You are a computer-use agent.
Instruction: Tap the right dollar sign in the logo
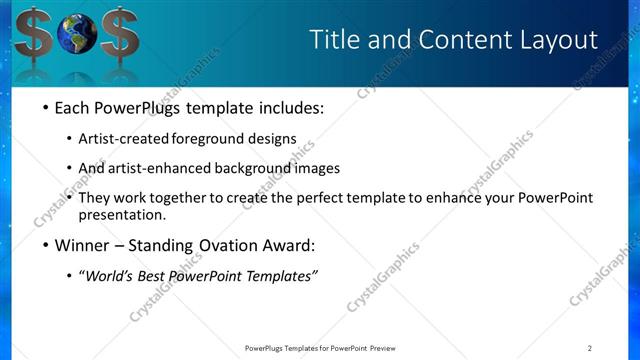coord(119,37)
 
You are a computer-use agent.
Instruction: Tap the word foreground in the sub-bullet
coord(208,139)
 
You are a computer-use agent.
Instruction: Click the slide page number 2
coord(590,348)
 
